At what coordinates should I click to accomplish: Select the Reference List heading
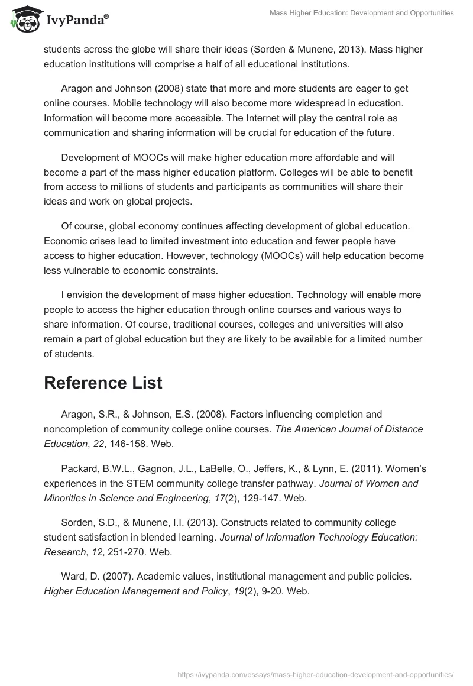(x=103, y=383)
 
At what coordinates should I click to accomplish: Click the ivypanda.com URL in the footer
(x=316, y=674)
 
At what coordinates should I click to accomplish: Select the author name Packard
(x=80, y=468)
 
